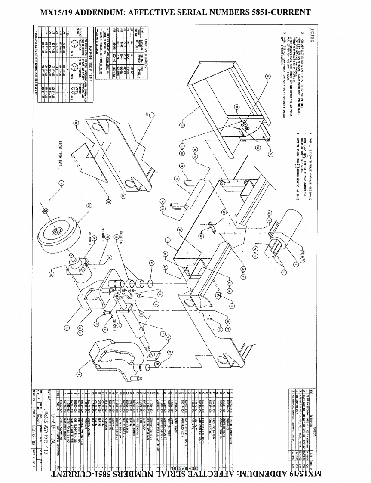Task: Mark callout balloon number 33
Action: (x=232, y=306)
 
